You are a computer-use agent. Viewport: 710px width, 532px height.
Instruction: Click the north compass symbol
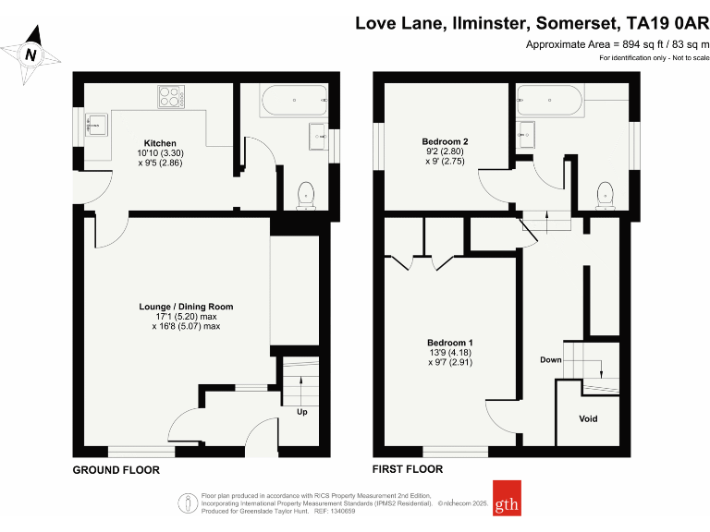(31, 54)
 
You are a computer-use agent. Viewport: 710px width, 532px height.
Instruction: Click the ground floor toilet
(305, 195)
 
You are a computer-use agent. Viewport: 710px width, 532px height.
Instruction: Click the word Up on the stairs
(301, 412)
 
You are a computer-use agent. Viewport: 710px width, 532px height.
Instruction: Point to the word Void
(588, 418)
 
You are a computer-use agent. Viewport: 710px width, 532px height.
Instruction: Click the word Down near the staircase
(550, 359)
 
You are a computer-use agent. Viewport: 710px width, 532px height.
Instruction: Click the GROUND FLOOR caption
(116, 470)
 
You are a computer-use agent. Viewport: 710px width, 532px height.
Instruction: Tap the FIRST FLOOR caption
(407, 469)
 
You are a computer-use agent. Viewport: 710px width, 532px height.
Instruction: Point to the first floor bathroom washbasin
(528, 134)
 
